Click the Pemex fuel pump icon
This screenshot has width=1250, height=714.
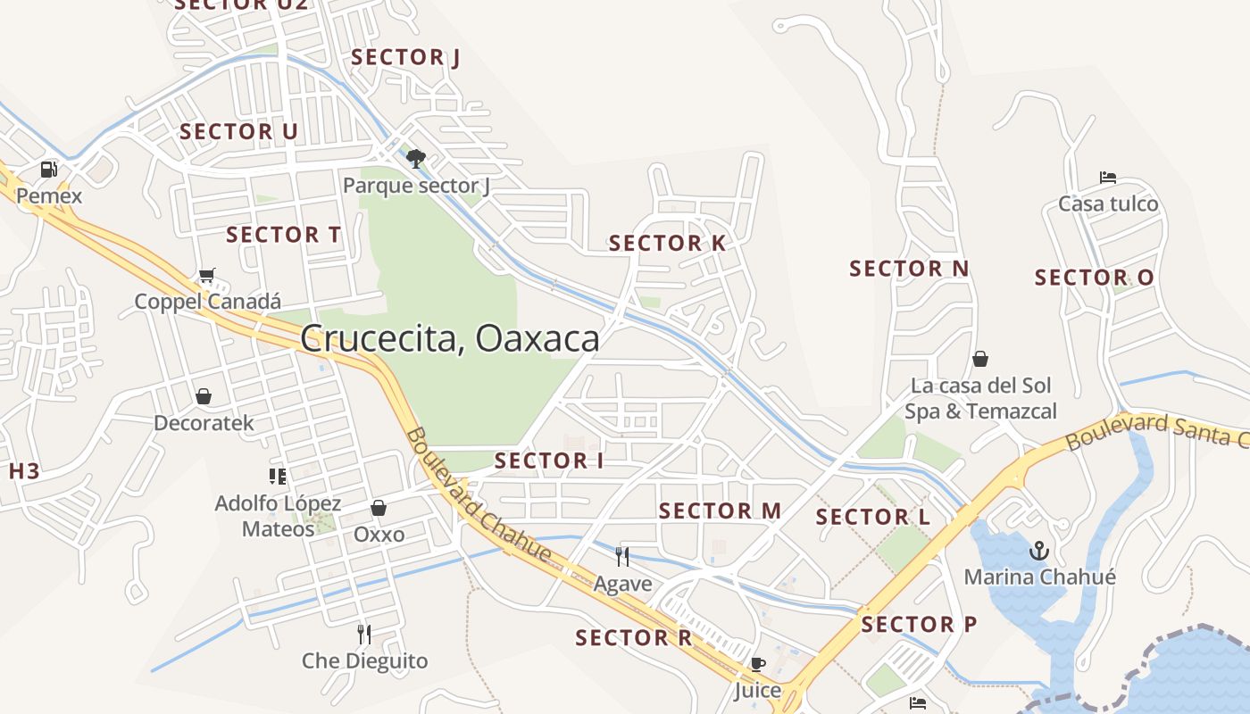pos(49,169)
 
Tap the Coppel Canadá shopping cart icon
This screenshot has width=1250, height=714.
pos(207,275)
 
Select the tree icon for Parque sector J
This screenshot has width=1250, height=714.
pos(415,159)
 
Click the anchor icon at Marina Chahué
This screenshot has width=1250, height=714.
pos(1038,550)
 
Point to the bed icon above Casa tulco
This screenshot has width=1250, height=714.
pos(1108,178)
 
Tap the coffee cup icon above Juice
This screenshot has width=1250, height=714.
pos(757,664)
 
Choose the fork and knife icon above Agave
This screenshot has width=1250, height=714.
pos(622,557)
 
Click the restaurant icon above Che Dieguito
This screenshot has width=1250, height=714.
pos(364,634)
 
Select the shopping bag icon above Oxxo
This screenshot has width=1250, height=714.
pos(379,508)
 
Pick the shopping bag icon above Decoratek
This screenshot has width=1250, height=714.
pos(204,395)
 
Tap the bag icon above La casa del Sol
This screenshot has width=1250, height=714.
pos(980,359)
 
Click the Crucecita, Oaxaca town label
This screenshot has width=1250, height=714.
pos(449,339)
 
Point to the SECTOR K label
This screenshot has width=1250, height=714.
pos(667,243)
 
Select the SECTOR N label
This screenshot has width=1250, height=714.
pos(909,268)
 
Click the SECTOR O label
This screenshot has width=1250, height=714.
pos(1094,278)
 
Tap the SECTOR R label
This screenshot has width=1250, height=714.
pos(633,637)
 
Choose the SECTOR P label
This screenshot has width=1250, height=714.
pos(919,624)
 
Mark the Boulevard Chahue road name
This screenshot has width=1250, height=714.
pos(478,495)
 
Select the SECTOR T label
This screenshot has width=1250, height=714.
pos(283,235)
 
